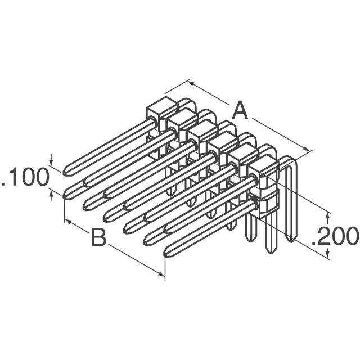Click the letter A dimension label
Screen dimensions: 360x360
pos(240,110)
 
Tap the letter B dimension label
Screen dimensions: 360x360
pos(98,238)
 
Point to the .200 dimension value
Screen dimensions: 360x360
pos(335,236)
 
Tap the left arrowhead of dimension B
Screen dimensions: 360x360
pos(69,221)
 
